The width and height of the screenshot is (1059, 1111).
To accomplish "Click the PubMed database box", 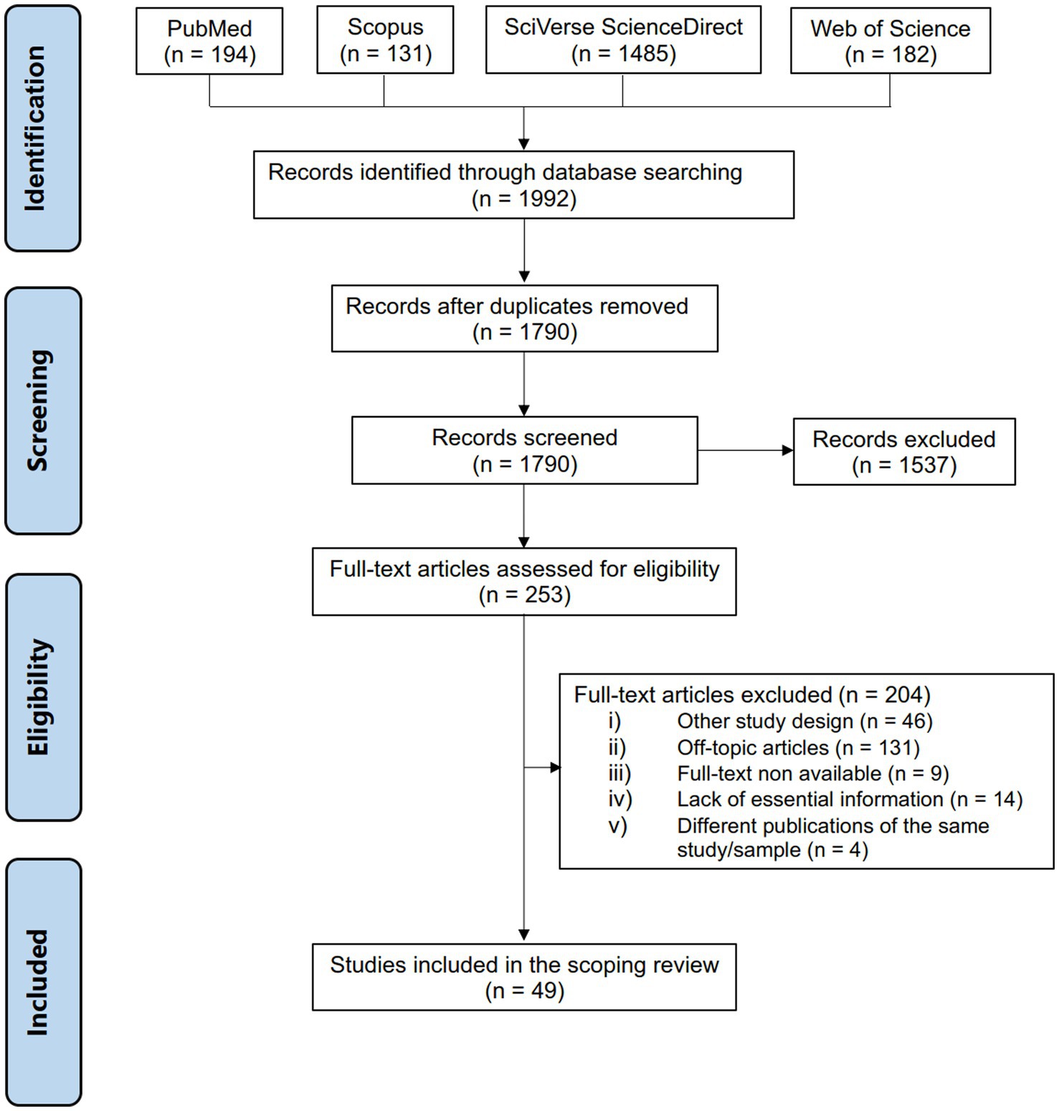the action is [209, 41].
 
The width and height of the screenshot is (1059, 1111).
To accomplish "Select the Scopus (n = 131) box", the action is [385, 39].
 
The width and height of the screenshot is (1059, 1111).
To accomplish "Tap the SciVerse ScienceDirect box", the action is [623, 39].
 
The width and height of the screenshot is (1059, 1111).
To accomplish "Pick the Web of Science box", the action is [891, 41].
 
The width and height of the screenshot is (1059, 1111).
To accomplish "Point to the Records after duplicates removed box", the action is [524, 318].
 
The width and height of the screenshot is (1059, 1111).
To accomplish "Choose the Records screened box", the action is [524, 450].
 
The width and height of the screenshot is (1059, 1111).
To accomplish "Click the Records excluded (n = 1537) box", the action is [904, 452].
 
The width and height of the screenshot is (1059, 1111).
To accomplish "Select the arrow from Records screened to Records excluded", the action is [746, 450].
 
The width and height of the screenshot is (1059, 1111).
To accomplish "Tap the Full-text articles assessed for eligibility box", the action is [524, 582].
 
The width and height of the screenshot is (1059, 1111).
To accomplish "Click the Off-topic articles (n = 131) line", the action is [764, 748].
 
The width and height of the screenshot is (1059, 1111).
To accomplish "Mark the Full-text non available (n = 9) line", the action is [779, 774].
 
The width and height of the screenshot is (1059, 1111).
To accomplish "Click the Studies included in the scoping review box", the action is [524, 977].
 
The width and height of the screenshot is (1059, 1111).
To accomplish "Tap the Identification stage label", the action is [43, 128].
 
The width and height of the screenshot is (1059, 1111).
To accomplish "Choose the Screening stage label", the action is [43, 411].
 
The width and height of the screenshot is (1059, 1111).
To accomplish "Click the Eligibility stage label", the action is [43, 697].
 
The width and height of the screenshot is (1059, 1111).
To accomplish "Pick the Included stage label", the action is [43, 983].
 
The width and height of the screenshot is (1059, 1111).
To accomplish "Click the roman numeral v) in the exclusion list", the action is [618, 826].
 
